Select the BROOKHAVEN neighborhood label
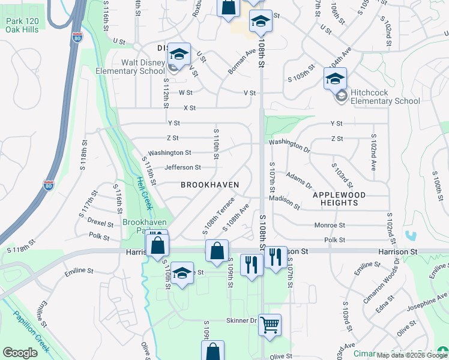tap(210, 185)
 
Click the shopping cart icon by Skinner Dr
tap(270, 325)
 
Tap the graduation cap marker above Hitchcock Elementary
tap(335, 79)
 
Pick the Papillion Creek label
tap(25, 329)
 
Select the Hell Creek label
tap(145, 192)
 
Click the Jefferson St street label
tap(182, 167)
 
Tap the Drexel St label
tap(100, 223)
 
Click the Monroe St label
tap(330, 226)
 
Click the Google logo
tap(20, 353)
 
